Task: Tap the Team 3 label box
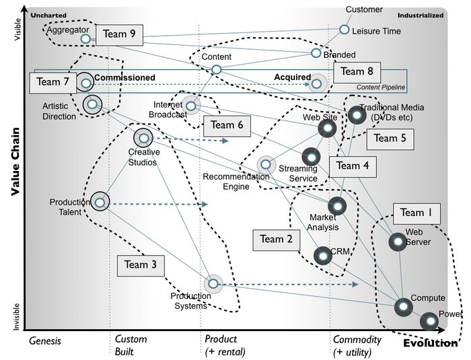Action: click(x=140, y=265)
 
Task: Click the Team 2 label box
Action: click(x=276, y=239)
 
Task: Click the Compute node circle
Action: click(x=403, y=307)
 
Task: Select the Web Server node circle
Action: click(x=397, y=242)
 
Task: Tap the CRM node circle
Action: click(x=323, y=255)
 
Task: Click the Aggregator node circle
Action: click(x=85, y=39)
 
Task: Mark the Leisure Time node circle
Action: click(x=344, y=30)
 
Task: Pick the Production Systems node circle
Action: click(x=213, y=285)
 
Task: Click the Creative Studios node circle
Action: click(x=143, y=139)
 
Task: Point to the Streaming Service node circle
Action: click(x=310, y=157)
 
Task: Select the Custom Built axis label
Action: click(x=131, y=345)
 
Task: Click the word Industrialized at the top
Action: click(x=420, y=14)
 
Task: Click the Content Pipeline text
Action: click(x=380, y=87)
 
